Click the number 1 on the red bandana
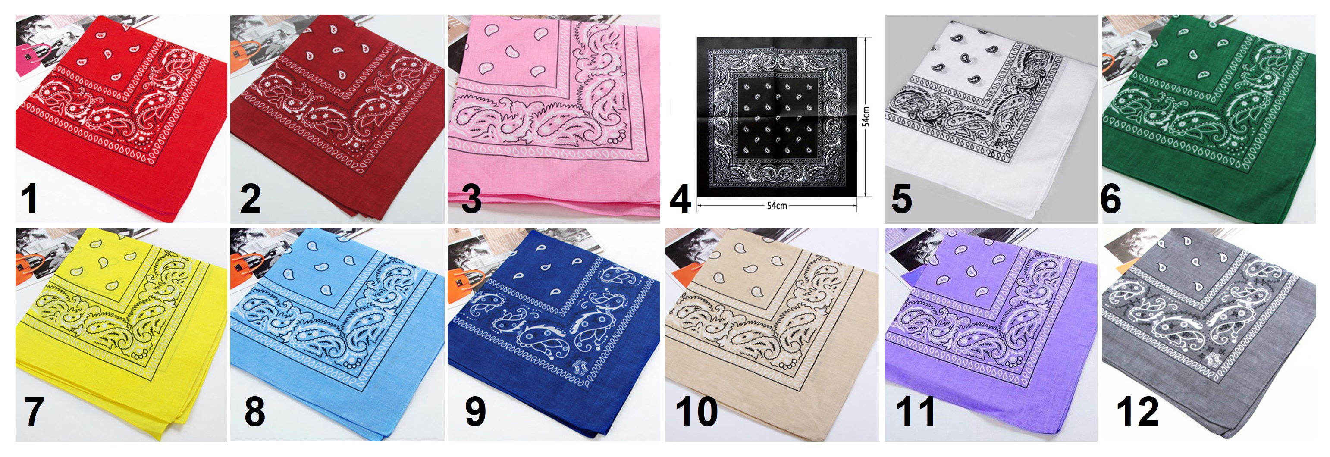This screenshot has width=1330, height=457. pos(29,199)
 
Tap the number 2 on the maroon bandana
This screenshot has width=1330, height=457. pos(251,199)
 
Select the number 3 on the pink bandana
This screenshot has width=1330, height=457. pos(471,199)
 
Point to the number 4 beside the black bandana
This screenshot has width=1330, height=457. pos(681,199)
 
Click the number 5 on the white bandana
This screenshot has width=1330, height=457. pos(901,199)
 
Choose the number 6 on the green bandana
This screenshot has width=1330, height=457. pos(1110,199)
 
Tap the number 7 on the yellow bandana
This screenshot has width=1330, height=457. pos(34,412)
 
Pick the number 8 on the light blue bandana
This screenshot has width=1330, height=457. pos(255,412)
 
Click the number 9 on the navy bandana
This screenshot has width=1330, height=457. pos(476,412)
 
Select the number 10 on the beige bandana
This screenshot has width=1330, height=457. pos(696,412)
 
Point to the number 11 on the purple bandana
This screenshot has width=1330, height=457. pos(916,412)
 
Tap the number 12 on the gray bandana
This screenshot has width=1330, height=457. pos(1137,412)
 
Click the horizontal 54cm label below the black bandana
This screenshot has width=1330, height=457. pos(777,206)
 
